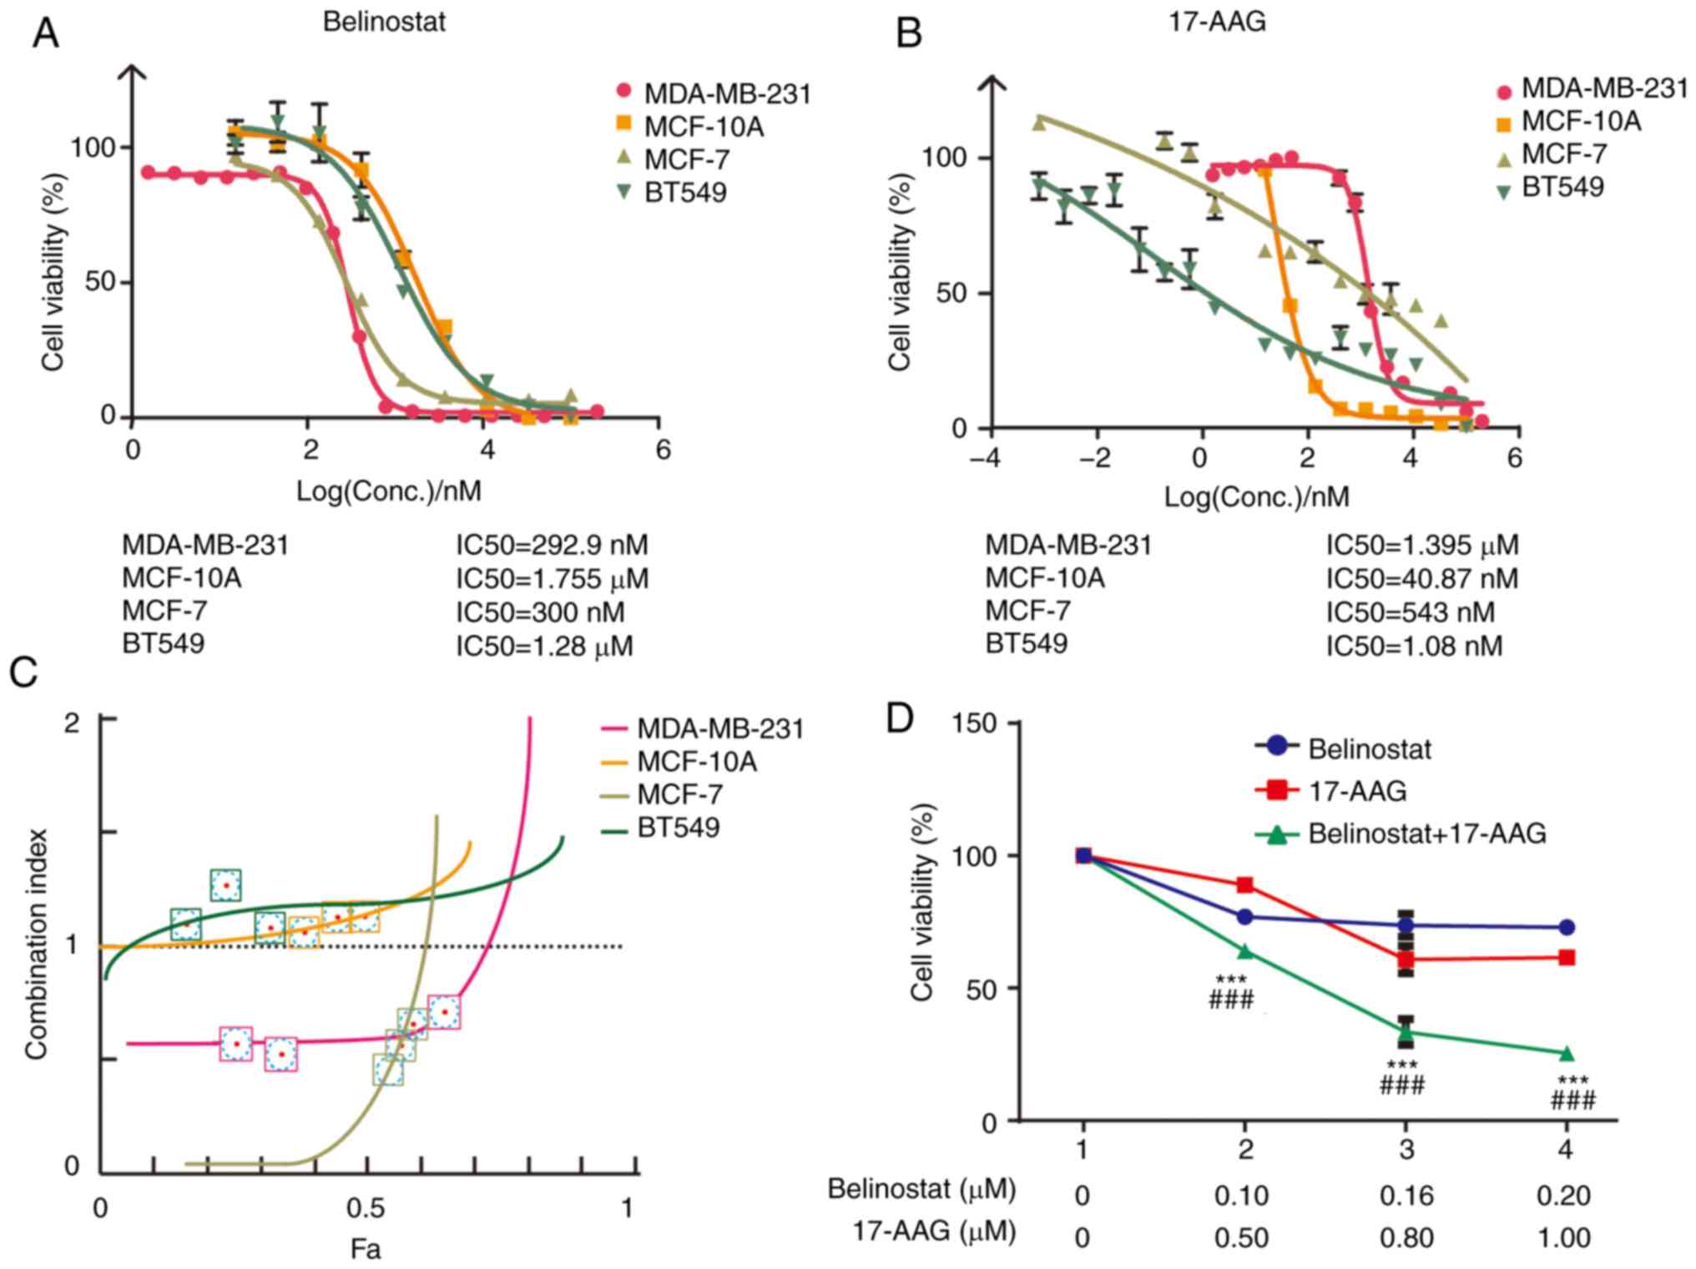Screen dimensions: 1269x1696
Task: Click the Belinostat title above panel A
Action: [384, 22]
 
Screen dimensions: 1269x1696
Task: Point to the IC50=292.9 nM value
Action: [551, 546]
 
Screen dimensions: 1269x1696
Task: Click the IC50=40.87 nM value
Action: [1421, 578]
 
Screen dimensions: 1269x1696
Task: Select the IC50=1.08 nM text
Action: [1414, 646]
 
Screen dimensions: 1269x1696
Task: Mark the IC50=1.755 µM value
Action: [552, 579]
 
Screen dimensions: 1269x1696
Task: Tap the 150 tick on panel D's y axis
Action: [978, 723]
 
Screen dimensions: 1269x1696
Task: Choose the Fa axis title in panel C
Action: [366, 1248]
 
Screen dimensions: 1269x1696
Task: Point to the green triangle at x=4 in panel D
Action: [1566, 1053]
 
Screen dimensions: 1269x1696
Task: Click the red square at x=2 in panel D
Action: [1245, 884]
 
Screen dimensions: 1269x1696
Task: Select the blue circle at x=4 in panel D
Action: [1566, 927]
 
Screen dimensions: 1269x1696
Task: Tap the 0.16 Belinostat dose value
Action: [1406, 1196]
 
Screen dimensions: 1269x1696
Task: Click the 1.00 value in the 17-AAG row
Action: [1563, 1237]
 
